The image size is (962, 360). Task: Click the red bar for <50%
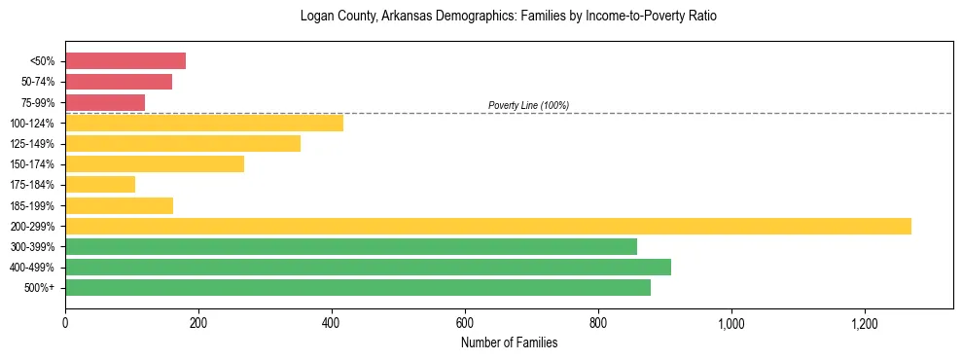[125, 61]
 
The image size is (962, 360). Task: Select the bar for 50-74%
[119, 82]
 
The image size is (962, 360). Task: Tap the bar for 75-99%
[105, 102]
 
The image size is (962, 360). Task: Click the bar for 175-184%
[100, 184]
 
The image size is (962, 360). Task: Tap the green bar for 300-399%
[351, 246]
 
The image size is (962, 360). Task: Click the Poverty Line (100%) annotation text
[528, 105]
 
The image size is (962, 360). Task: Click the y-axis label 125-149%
[32, 144]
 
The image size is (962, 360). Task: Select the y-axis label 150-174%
[32, 164]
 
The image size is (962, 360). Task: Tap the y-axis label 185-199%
[32, 205]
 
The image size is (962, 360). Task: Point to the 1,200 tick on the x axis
[864, 323]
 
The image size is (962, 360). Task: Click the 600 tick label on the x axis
[465, 323]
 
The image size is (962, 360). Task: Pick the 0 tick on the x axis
[65, 323]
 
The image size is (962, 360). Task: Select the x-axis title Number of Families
[509, 342]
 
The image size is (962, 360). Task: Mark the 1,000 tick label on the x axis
[730, 323]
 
